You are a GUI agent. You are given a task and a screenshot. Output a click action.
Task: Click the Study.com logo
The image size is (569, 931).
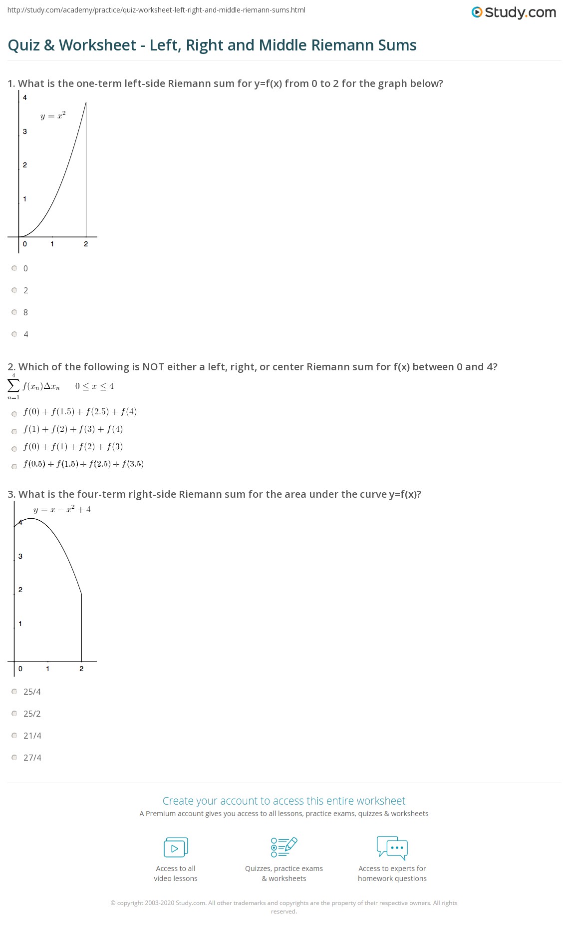(x=514, y=12)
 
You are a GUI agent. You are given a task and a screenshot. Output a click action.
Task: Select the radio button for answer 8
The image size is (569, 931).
(x=14, y=312)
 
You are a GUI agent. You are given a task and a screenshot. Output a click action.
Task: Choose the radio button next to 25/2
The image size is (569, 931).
(x=14, y=714)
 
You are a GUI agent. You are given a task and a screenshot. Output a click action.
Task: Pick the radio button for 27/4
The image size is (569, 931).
(x=14, y=758)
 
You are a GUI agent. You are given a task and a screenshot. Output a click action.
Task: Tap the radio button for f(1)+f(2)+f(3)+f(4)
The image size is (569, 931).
(x=14, y=431)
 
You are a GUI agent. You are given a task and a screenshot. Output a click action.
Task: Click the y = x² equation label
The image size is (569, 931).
(x=53, y=116)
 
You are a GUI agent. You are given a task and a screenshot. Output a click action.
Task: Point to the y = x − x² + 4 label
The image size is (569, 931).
(x=62, y=510)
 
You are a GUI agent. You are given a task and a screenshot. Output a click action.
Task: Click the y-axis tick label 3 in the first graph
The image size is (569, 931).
(x=25, y=131)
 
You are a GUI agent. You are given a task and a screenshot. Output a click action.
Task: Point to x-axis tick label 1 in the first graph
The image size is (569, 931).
(x=52, y=244)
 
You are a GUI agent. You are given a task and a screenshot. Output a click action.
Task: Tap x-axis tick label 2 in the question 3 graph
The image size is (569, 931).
(x=81, y=669)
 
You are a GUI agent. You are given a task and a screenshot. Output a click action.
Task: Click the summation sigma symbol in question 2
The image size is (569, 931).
(x=13, y=385)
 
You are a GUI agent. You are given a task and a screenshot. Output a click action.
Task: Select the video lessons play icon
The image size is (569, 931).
(x=176, y=848)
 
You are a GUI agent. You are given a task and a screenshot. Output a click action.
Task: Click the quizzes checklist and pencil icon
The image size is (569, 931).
(x=284, y=847)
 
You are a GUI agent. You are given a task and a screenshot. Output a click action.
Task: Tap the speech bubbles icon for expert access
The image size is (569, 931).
(x=392, y=847)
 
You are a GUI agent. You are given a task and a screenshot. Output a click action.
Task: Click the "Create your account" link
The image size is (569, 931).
(x=284, y=801)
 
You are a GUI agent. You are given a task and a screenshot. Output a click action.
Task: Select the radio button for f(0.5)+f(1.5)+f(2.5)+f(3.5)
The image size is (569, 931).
(x=14, y=466)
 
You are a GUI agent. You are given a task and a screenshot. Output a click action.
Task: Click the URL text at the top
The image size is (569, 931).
(x=156, y=10)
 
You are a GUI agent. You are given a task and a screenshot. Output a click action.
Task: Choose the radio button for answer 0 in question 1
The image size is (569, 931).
(x=14, y=268)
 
